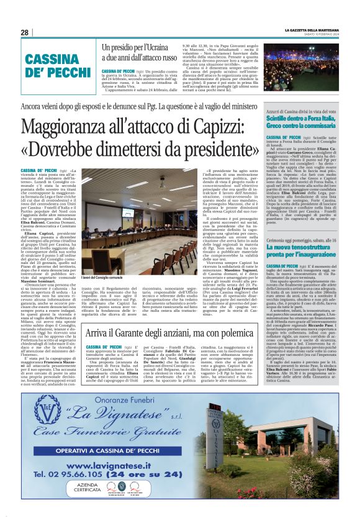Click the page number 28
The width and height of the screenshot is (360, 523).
[x=25, y=32]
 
